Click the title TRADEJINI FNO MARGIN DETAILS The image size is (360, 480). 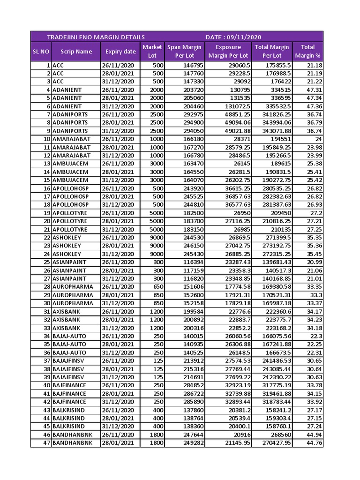tap(96, 37)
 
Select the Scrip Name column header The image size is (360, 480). tap(76, 52)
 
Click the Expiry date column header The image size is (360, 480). tap(120, 52)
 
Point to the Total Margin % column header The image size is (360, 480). tap(307, 52)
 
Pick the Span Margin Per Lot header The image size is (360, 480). tap(184, 52)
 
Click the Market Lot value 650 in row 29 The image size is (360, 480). tap(157, 295)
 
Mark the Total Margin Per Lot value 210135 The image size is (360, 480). tap(279, 229)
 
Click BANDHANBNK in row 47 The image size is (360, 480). tap(72, 442)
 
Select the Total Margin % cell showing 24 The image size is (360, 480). tap(318, 139)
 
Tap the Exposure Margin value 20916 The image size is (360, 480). tap(241, 435)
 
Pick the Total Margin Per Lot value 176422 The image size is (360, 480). tap(279, 82)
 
